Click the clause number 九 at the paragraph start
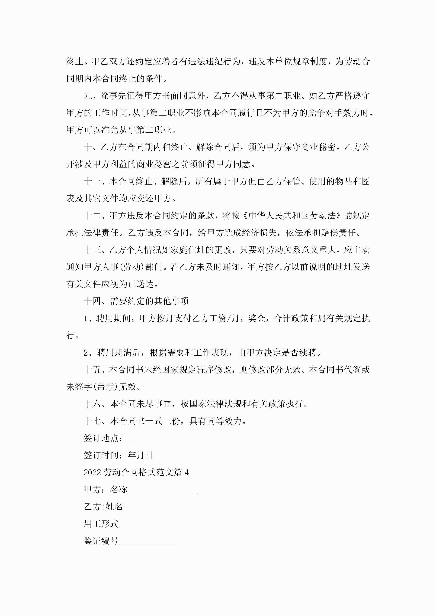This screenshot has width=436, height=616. [x=88, y=96]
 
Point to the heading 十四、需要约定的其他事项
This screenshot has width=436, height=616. [x=136, y=301]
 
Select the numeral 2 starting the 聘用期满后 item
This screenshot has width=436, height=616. [x=86, y=353]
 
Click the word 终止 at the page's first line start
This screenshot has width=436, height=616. [x=75, y=62]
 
